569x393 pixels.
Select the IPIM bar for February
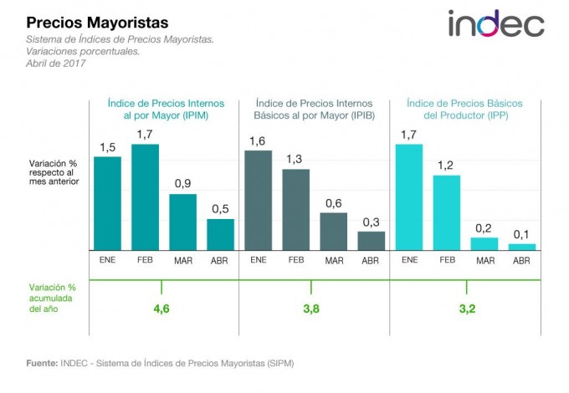[x=146, y=197]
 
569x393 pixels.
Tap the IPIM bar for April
[x=221, y=234]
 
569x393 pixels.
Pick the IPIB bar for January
[x=259, y=200]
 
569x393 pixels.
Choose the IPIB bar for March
[x=333, y=231]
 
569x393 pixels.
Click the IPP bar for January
[x=409, y=197]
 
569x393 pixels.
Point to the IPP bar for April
[x=521, y=247]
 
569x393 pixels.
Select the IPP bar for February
[x=447, y=212]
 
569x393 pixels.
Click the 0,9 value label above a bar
[x=183, y=183]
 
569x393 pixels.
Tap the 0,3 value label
[x=371, y=221]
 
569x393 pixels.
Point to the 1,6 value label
[x=258, y=140]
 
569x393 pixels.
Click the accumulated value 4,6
[x=162, y=309]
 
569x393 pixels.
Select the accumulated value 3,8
[x=310, y=309]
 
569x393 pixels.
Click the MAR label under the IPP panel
[x=484, y=261]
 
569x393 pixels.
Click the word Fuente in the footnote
[x=41, y=364]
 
